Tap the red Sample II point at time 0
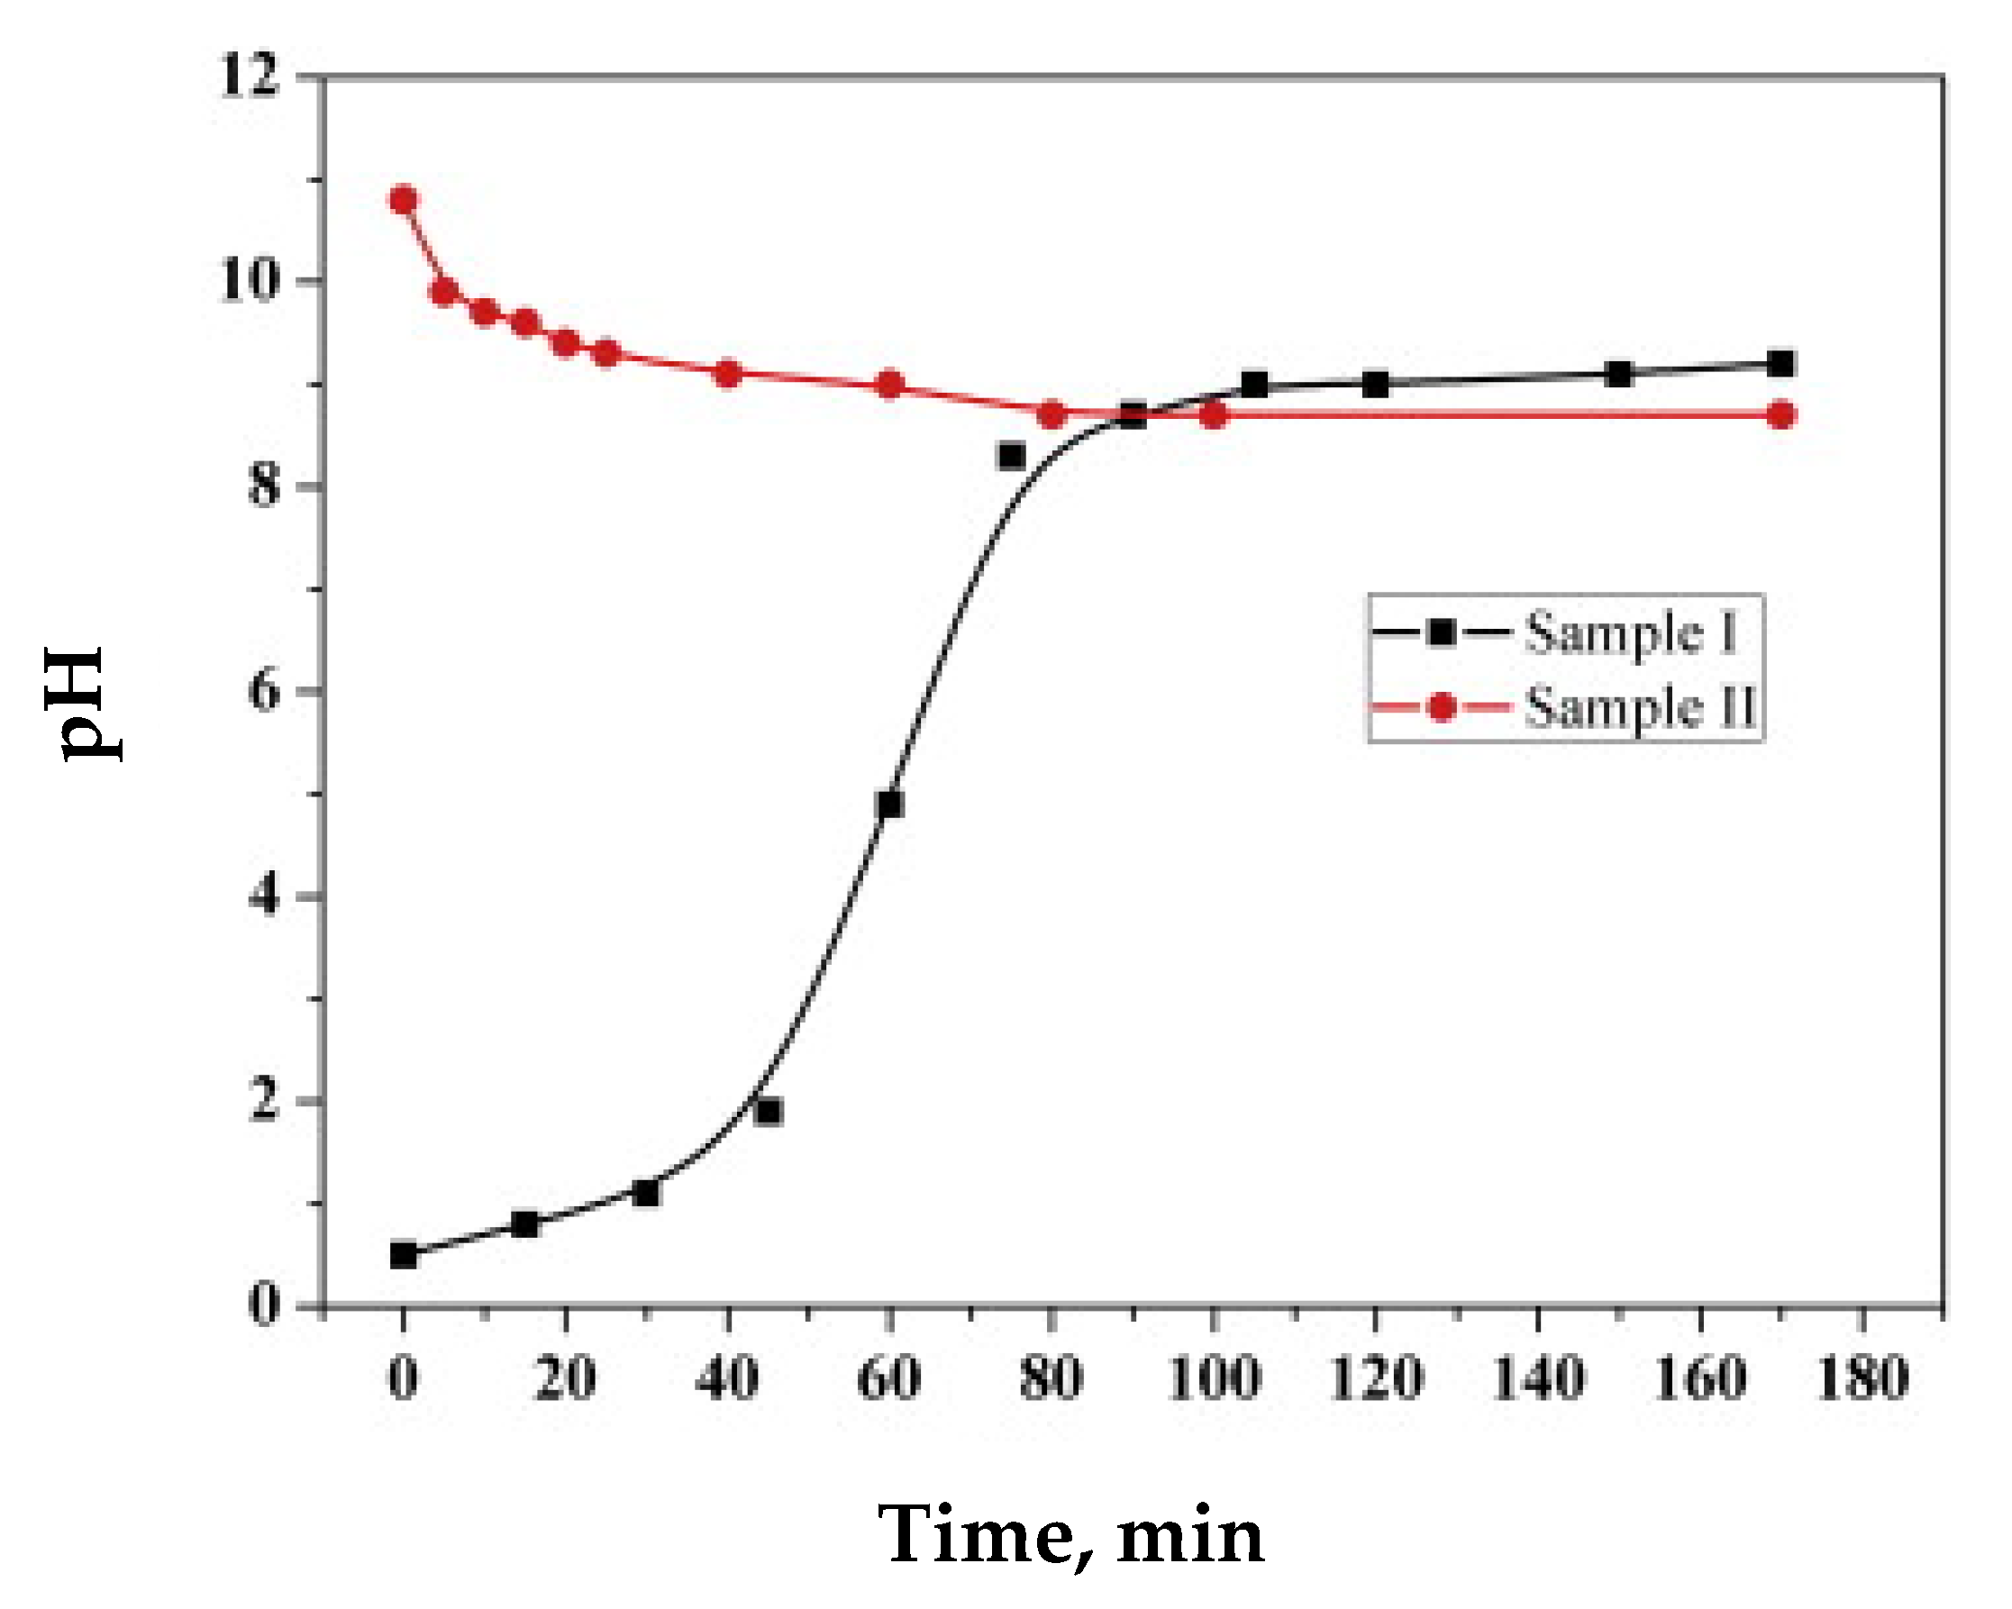403,201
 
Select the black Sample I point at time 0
403,1255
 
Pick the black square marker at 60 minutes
890,804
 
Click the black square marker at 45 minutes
769,1112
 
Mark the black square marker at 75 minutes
1012,457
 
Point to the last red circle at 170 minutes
1781,414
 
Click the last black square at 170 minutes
1781,364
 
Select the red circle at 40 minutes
728,374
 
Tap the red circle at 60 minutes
890,385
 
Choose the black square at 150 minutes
1620,374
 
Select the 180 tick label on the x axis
1862,1377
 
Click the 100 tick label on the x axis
1213,1377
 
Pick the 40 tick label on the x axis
728,1377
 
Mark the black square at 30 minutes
646,1193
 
